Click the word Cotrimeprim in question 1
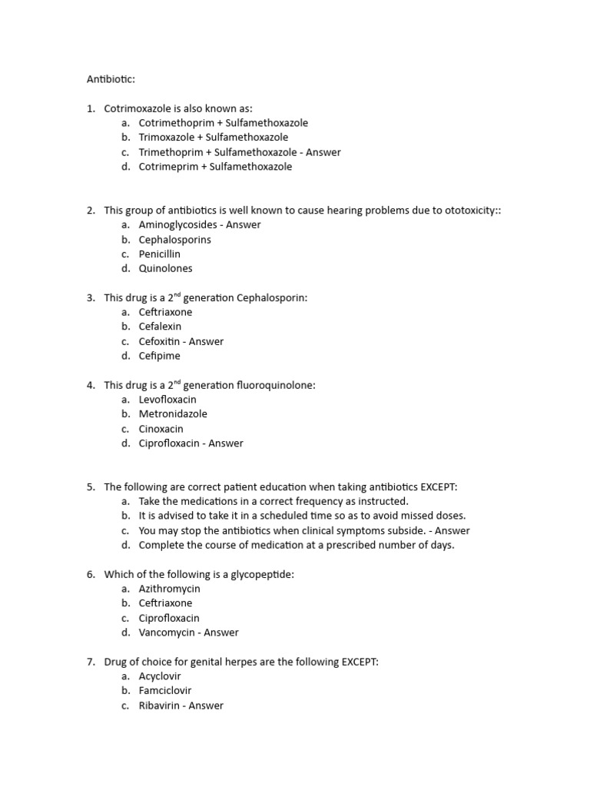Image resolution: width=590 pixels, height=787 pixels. pyautogui.click(x=168, y=167)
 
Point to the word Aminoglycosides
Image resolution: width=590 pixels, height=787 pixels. pyautogui.click(x=178, y=225)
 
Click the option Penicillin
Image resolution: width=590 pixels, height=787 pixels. pyautogui.click(x=160, y=254)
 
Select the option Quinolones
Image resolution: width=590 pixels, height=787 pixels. pyautogui.click(x=165, y=269)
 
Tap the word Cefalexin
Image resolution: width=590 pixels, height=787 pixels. pyautogui.click(x=160, y=327)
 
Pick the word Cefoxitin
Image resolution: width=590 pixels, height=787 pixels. pyautogui.click(x=159, y=341)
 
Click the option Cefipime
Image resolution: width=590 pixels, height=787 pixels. pyautogui.click(x=160, y=356)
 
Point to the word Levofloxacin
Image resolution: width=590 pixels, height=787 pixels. pyautogui.click(x=167, y=400)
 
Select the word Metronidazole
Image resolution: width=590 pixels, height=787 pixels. pyautogui.click(x=173, y=414)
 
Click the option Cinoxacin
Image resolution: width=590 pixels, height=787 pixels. pyautogui.click(x=161, y=429)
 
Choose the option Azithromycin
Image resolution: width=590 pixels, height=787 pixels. pyautogui.click(x=169, y=589)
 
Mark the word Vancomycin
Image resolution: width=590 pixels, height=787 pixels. pyautogui.click(x=168, y=633)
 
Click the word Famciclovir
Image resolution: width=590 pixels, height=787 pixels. pyautogui.click(x=165, y=691)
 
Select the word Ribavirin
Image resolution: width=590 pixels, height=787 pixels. pyautogui.click(x=160, y=706)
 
